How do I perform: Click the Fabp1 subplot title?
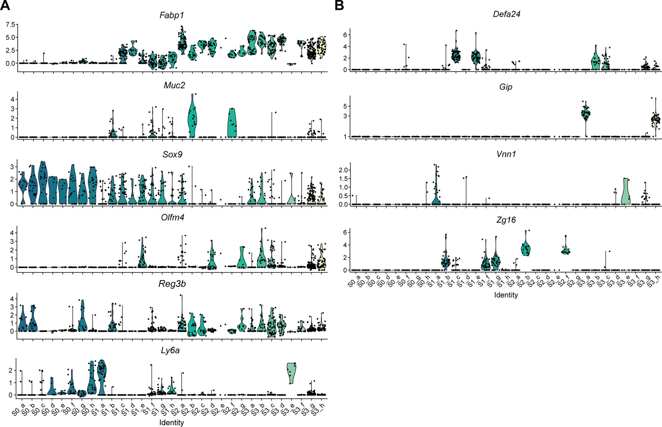point(172,16)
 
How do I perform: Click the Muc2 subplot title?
point(174,85)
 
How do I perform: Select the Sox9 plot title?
point(172,154)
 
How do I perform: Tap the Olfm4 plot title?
point(173,217)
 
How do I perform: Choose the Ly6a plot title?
point(170,350)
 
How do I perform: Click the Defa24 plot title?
point(506,14)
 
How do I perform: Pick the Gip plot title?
point(506,87)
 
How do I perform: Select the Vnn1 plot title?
point(506,154)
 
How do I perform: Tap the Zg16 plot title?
point(506,220)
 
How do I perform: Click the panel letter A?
point(5,5)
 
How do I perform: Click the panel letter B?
point(339,5)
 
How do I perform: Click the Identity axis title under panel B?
point(506,295)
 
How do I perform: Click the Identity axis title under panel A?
point(171,423)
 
